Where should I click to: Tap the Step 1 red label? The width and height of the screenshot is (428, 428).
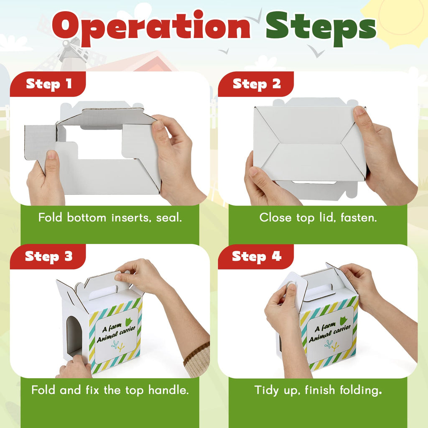coord(48,84)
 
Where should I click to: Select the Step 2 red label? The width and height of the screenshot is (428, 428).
coord(256,84)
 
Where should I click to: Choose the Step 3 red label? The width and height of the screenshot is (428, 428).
coord(48,256)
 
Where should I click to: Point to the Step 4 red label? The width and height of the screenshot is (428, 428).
coord(256,256)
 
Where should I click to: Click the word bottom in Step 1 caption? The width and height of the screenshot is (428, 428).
coord(86,217)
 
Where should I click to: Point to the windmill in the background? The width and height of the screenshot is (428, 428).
coord(71,53)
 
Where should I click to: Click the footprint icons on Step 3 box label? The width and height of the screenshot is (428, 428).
coord(118,346)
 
